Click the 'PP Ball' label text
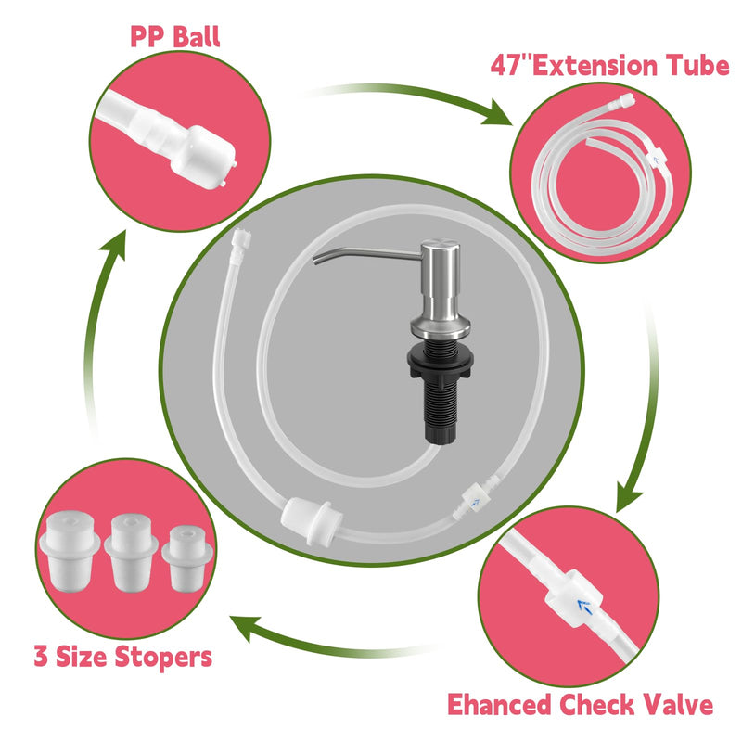(175, 37)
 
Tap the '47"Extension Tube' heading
(609, 65)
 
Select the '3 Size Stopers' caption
(123, 657)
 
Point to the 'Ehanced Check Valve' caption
(581, 704)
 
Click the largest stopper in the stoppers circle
(70, 552)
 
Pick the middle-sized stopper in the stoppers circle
(131, 553)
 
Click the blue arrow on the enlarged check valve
(584, 607)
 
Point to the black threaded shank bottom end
(440, 438)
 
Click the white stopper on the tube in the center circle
(312, 519)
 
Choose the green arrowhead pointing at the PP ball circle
(115, 244)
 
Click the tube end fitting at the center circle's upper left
(241, 239)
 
